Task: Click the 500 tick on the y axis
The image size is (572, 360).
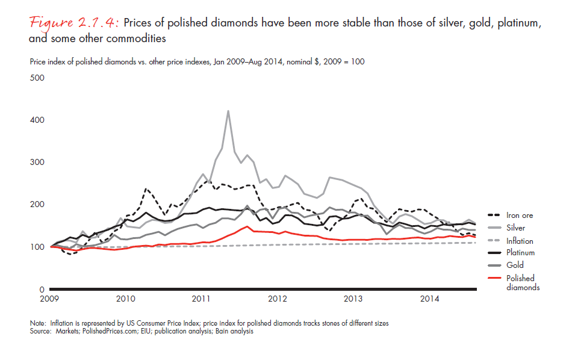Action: coord(37,78)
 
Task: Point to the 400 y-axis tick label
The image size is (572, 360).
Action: coord(37,120)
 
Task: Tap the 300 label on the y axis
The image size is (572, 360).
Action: coord(37,163)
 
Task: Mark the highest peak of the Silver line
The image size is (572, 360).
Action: coord(228,111)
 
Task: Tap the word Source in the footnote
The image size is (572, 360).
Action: coord(40,331)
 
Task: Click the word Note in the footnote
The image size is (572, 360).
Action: coord(37,323)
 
